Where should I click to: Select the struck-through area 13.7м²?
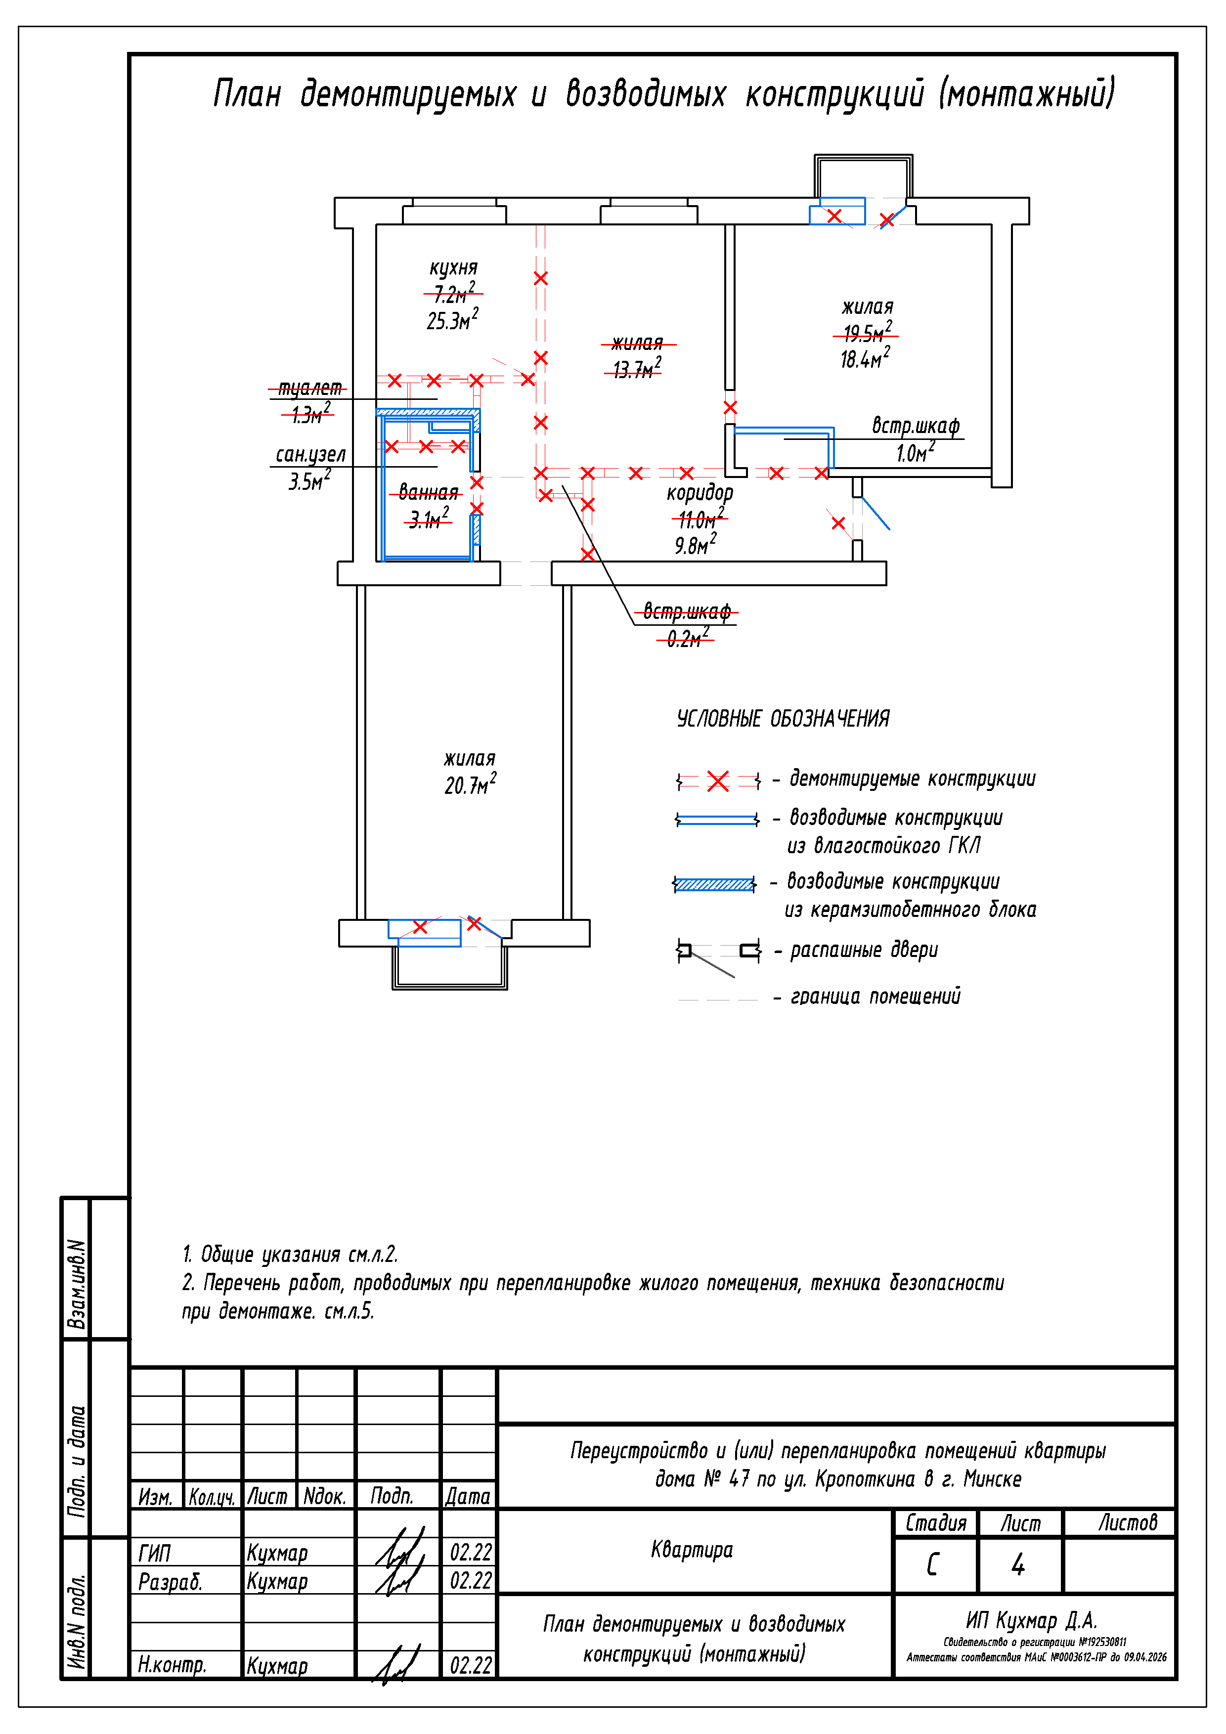click(x=637, y=369)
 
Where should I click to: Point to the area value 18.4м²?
click(x=865, y=358)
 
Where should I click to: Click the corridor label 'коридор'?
click(x=700, y=494)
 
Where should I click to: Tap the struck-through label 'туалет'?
click(x=309, y=388)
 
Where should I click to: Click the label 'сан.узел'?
click(x=310, y=455)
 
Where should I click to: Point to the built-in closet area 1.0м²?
click(x=915, y=452)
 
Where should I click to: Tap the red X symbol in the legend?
click(x=718, y=781)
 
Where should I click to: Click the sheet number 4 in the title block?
click(x=1018, y=1564)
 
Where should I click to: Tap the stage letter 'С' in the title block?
click(x=933, y=1564)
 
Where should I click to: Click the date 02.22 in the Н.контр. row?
click(x=471, y=1665)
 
